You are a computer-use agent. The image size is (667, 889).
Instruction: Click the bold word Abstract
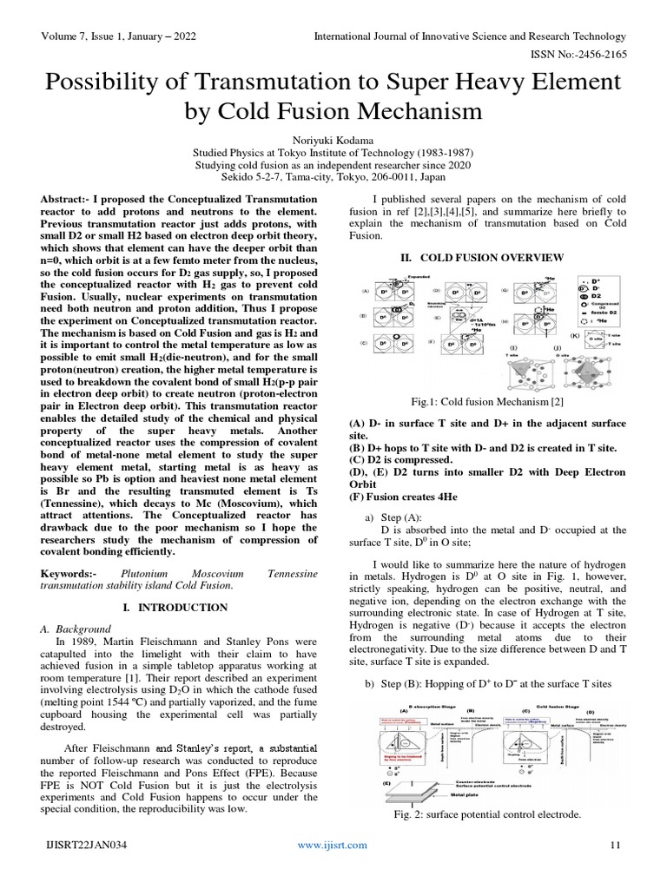(66, 200)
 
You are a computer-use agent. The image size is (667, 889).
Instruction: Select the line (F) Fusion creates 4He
(401, 497)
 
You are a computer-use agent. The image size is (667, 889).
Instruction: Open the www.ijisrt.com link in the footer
(333, 845)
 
